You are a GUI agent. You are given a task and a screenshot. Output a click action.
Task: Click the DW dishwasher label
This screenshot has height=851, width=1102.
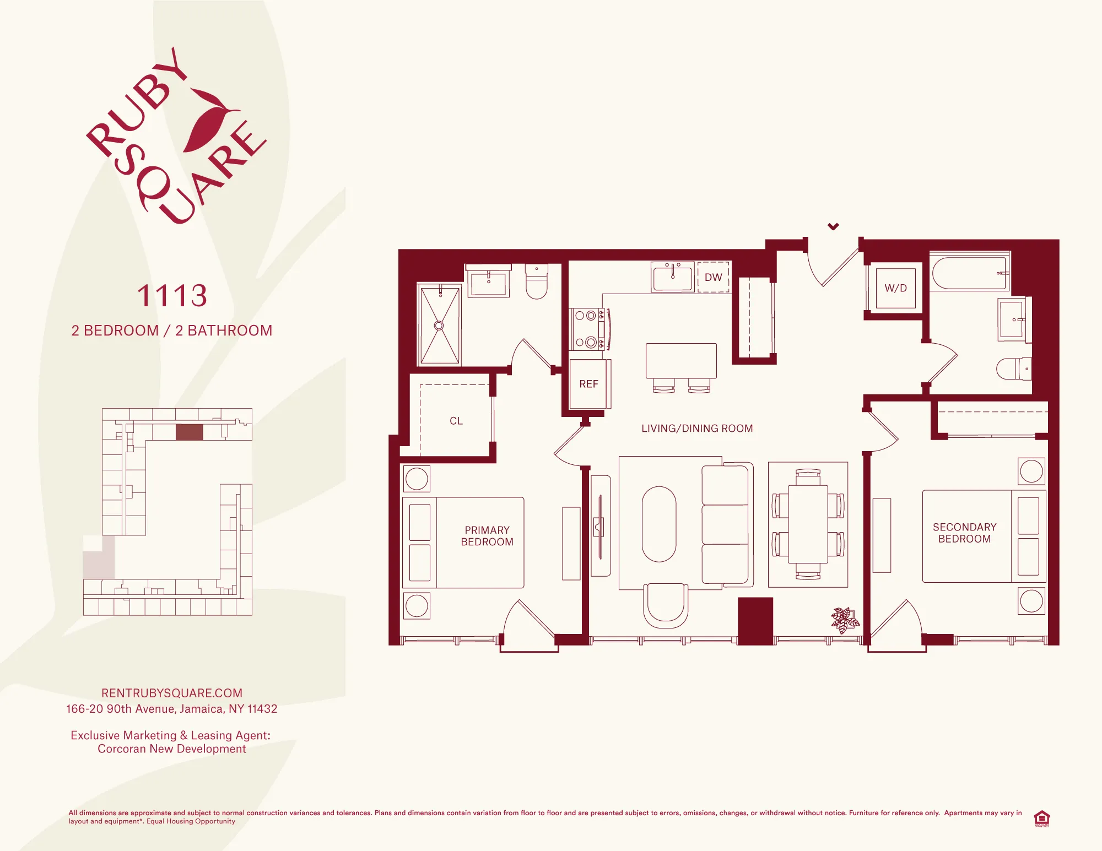713,277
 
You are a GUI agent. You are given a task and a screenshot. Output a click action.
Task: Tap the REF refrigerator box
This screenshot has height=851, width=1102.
588,384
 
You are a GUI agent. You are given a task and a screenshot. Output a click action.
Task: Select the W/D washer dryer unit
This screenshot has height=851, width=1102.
895,288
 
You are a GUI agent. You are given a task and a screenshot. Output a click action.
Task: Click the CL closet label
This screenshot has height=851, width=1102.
456,421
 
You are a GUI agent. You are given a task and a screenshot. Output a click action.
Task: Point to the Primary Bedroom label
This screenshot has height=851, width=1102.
487,536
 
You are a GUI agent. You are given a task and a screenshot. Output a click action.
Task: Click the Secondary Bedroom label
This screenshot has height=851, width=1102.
964,533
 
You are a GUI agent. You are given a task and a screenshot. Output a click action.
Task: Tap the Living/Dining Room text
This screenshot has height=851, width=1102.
697,429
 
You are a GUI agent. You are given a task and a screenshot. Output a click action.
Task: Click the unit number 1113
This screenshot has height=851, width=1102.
172,296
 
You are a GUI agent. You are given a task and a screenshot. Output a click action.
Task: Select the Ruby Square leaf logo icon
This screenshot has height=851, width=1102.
209,121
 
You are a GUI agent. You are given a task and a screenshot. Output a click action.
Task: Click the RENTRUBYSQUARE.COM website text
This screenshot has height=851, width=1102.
172,693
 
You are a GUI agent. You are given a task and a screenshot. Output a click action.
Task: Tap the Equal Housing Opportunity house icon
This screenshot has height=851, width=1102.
1041,818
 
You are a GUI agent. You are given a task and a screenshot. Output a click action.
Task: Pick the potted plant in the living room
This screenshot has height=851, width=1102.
845,620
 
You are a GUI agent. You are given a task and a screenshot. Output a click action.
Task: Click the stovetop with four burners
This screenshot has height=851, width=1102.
587,329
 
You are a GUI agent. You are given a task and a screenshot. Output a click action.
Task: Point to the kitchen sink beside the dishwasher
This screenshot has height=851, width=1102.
672,277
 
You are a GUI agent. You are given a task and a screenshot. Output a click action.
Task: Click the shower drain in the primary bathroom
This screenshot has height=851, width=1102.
439,326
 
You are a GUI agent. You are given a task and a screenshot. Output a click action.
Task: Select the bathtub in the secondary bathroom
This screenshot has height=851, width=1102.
969,273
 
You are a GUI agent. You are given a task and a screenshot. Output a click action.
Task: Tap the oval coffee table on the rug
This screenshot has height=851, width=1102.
659,524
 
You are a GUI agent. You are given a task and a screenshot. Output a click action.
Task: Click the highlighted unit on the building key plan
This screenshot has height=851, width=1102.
189,432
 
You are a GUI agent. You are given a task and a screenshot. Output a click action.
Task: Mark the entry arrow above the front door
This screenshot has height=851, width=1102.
833,226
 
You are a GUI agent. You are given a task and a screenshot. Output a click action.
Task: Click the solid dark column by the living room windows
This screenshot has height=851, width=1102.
755,621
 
